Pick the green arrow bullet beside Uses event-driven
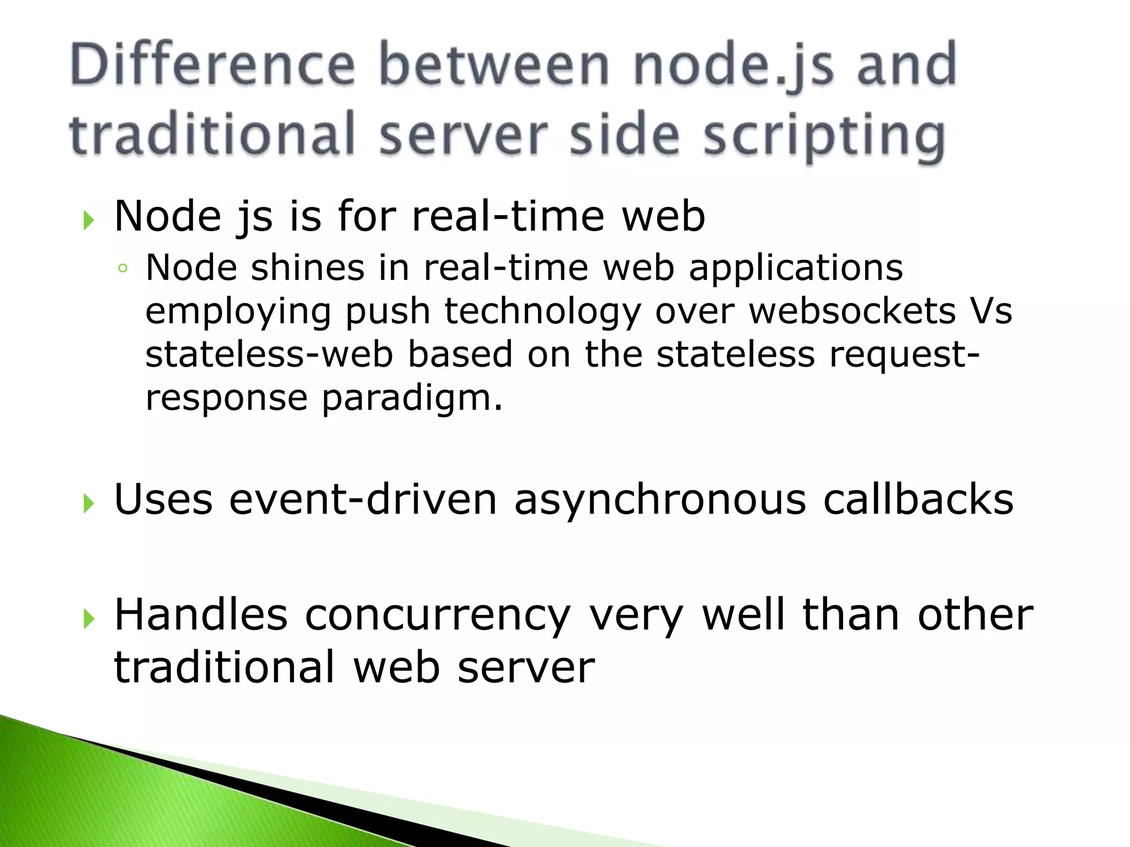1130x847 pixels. pyautogui.click(x=89, y=503)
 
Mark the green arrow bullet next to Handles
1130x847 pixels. pyautogui.click(x=89, y=619)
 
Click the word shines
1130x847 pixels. pyautogui.click(x=307, y=268)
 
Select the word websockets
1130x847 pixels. pyautogui.click(x=852, y=311)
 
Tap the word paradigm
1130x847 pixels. pyautogui.click(x=412, y=398)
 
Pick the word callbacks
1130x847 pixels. pyautogui.click(x=918, y=500)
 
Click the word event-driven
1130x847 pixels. pyautogui.click(x=363, y=500)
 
